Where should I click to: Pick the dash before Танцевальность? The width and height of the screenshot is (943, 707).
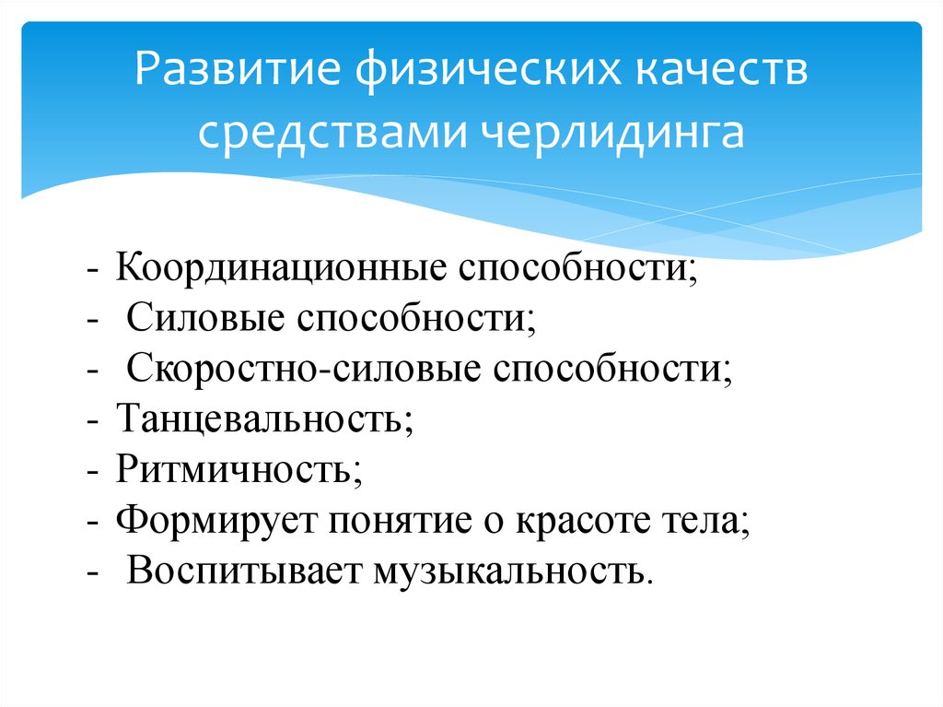click(95, 422)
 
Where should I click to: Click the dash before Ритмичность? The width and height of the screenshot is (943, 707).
click(95, 472)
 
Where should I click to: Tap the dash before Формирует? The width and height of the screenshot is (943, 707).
click(95, 523)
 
